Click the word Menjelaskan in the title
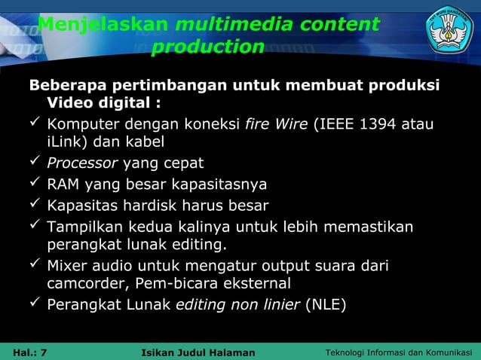point(103,25)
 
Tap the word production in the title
point(207,47)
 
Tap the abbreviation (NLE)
point(325,305)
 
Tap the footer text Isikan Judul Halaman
point(198,352)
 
